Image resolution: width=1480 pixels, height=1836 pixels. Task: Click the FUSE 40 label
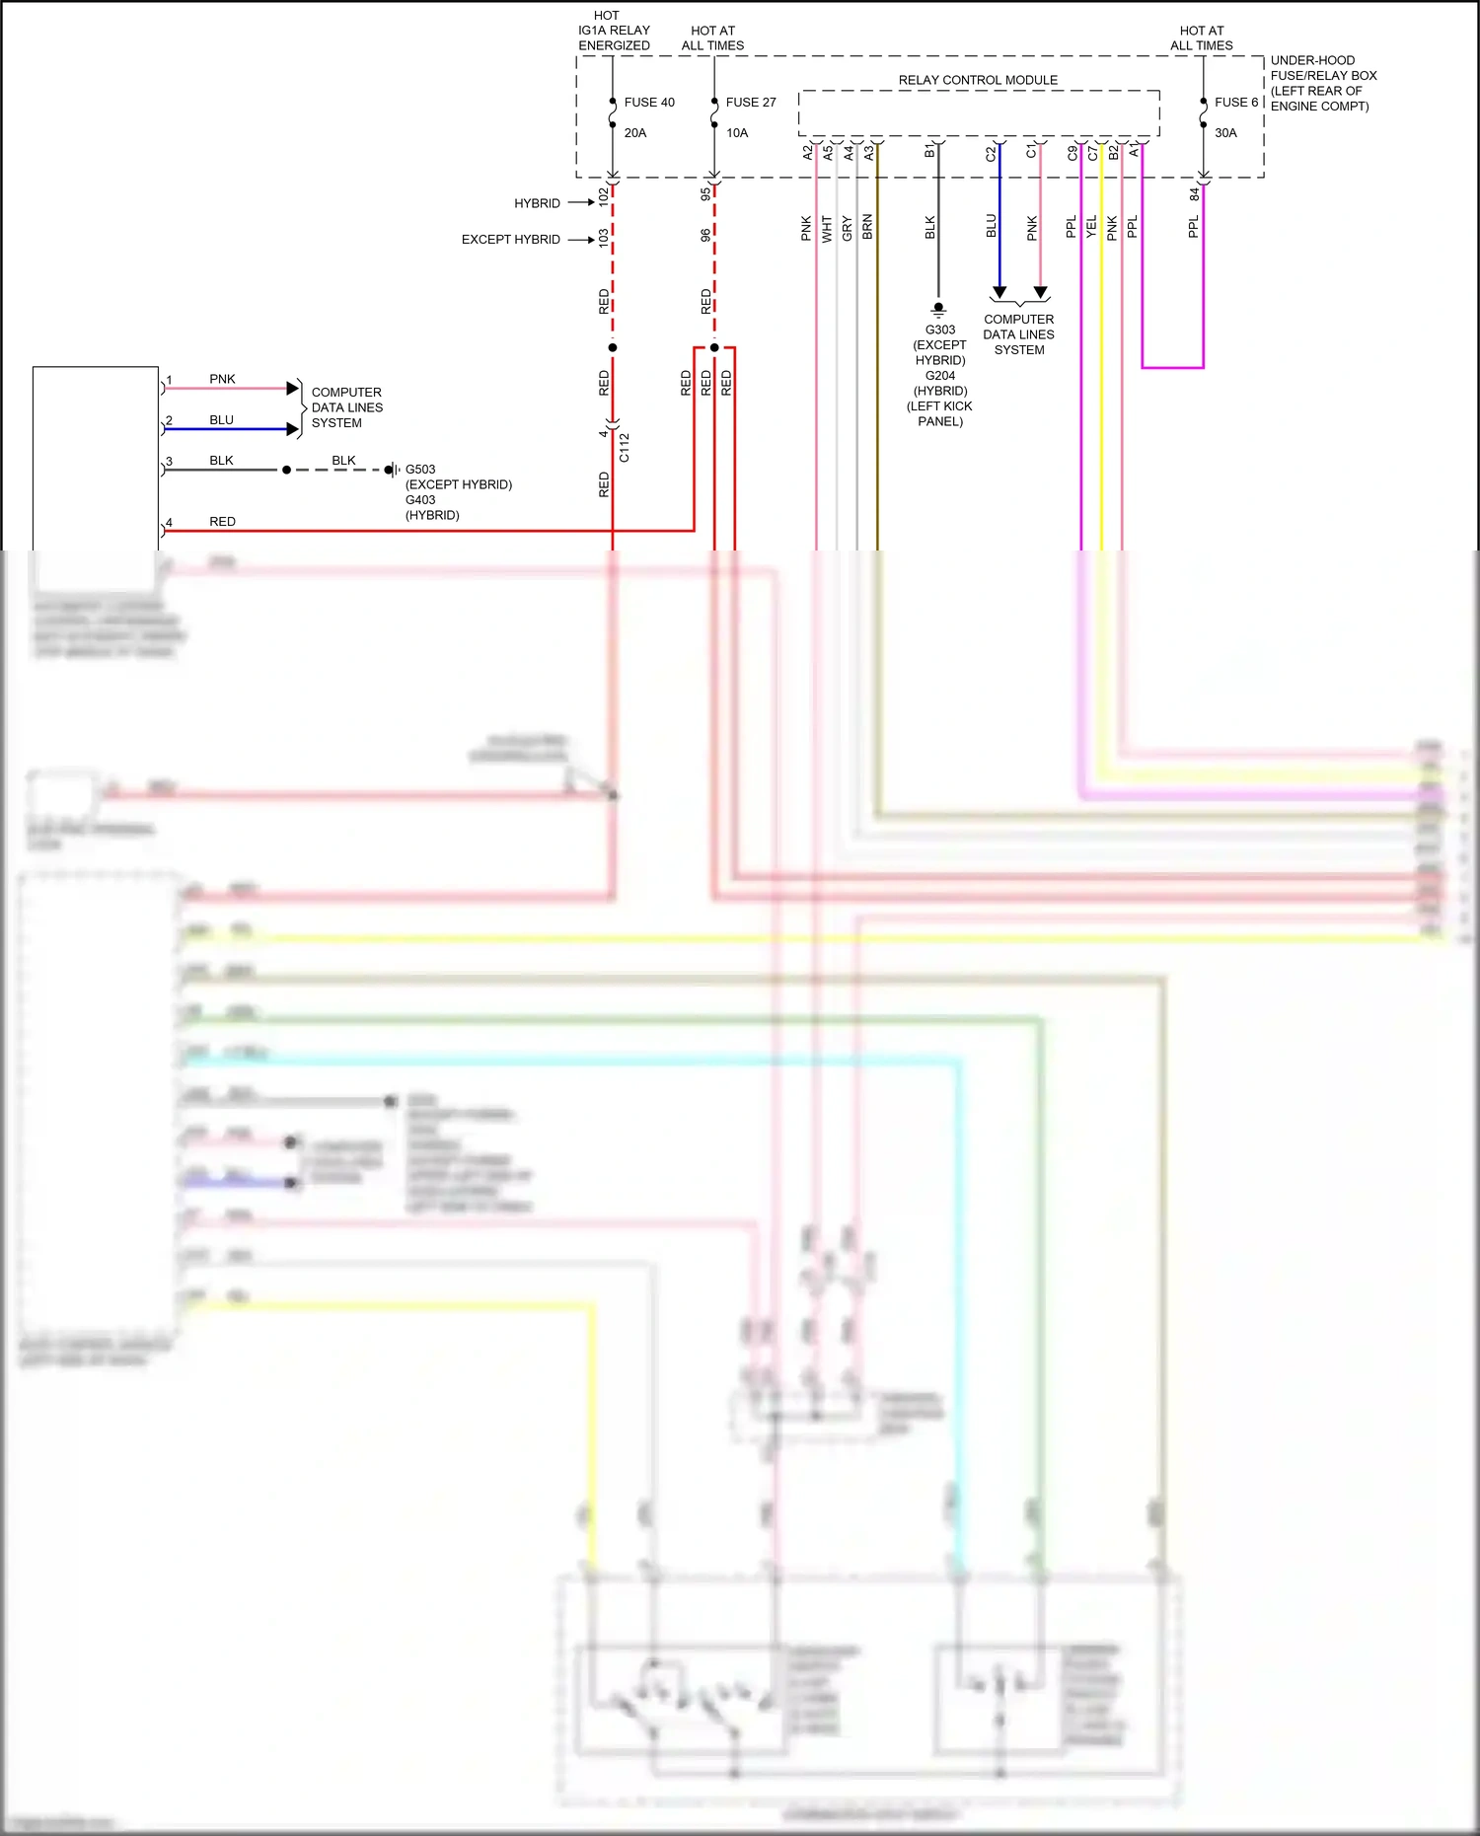pos(649,103)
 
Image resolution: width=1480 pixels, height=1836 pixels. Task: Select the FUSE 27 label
pos(751,103)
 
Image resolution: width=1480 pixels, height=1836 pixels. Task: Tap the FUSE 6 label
pos(1236,103)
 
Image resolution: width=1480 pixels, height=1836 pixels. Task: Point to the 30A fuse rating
pos(1225,133)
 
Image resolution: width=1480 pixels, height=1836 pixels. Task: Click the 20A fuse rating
pos(635,133)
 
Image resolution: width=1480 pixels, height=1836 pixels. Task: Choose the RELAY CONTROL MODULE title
pos(978,80)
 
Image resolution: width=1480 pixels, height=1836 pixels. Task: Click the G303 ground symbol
pos(938,308)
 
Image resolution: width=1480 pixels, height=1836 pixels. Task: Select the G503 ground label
pos(420,470)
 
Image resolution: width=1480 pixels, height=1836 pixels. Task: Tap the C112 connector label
pos(625,447)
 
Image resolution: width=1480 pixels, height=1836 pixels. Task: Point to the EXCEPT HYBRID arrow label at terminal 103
pos(510,240)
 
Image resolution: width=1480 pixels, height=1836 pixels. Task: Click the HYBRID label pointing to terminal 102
pos(537,203)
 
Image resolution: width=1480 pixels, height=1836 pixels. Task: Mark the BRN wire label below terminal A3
pos(867,227)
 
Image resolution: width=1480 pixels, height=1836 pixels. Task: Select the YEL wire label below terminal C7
pos(1091,227)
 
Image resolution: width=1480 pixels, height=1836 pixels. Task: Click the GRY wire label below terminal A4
pos(847,229)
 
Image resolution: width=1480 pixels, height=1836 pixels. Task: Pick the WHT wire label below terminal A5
pos(827,229)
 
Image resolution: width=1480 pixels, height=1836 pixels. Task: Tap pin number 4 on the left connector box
pos(169,523)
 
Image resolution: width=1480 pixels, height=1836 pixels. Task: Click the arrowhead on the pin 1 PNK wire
pos(292,388)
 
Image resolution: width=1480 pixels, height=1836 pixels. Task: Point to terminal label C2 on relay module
pos(991,153)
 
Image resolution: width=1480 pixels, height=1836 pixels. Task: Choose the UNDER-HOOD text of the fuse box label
pos(1312,60)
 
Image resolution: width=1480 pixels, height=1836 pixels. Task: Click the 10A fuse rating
pos(737,133)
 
